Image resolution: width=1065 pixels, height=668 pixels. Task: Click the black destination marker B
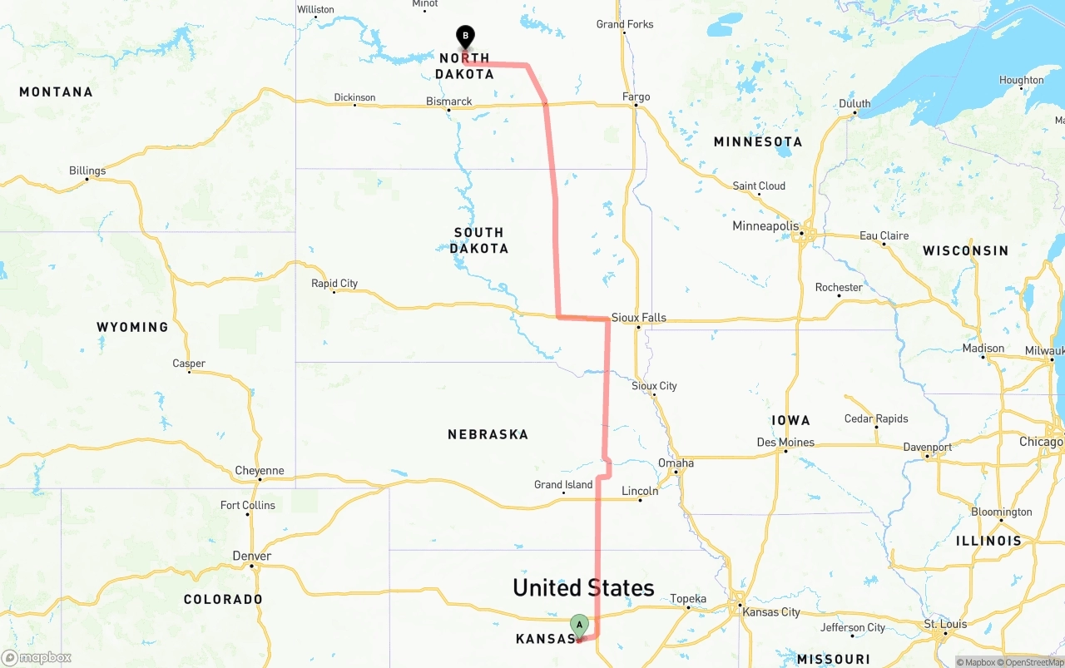[x=466, y=37]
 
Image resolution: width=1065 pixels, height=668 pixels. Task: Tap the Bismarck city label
[x=449, y=101]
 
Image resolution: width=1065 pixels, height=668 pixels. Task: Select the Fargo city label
[x=637, y=97]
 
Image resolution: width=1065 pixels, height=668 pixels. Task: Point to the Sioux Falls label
[x=639, y=318]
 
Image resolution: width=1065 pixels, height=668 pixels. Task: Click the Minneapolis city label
[x=765, y=226]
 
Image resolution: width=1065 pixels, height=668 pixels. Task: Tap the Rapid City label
[x=334, y=284]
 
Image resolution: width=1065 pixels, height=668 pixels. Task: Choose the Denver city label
[x=252, y=557]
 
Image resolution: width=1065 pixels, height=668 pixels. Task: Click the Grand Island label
[x=563, y=485]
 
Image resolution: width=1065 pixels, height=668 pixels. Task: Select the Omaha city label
[x=676, y=463]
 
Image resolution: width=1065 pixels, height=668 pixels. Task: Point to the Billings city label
[x=87, y=171]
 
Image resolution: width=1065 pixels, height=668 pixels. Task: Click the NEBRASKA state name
[x=488, y=434]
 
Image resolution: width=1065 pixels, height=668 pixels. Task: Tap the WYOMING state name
[x=132, y=327]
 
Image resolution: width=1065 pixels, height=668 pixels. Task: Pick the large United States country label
[x=583, y=588]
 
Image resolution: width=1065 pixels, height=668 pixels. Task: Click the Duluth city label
[x=854, y=104]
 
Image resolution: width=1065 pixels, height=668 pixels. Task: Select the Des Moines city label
[x=785, y=443]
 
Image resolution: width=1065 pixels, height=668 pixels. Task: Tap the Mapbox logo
[x=37, y=657]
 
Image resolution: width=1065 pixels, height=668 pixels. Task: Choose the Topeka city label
[x=688, y=599]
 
